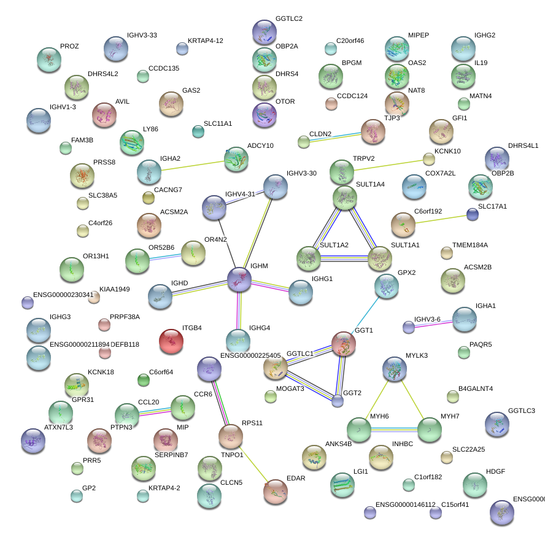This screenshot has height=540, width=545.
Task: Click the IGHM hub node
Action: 239,279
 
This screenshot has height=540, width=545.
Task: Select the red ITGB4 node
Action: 171,341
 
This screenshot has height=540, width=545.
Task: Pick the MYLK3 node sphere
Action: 395,368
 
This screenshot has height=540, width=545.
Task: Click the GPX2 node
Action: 386,285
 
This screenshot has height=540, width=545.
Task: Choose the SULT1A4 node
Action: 345,197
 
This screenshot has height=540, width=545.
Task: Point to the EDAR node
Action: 276,491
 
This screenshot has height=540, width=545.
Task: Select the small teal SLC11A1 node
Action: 198,131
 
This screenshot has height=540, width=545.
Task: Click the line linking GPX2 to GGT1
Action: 366,314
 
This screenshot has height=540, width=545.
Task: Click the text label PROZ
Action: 69,47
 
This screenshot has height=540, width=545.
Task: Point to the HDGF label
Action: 495,471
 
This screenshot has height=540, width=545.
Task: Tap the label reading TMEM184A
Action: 470,245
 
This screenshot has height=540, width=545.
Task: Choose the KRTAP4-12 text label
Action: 205,40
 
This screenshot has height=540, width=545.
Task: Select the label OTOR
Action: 285,101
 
